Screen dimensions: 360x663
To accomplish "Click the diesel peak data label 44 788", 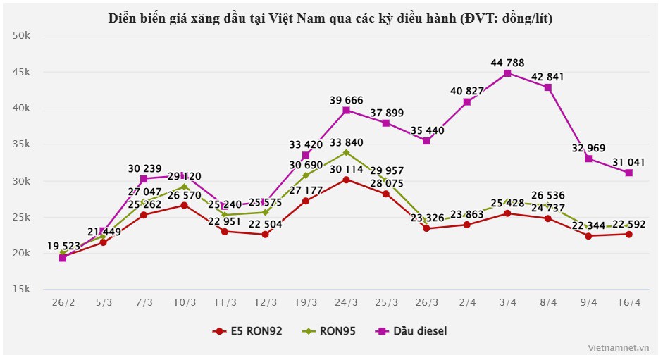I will coord(507,63).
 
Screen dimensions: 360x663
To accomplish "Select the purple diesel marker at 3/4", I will coord(507,73).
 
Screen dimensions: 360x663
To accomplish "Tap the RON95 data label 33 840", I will coord(346,143).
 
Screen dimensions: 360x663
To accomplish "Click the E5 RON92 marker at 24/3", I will coord(346,180).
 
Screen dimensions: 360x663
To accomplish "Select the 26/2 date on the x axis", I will coord(63,302).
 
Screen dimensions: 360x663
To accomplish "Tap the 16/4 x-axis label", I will coord(628,302).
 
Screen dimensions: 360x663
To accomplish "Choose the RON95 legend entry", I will coord(330,330).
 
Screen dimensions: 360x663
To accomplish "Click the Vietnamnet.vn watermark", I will coord(618,347).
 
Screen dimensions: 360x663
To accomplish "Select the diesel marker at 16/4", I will coord(628,173).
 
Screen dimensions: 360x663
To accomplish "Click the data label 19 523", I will coord(65,247).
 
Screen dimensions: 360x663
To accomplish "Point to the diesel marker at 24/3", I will coord(346,110).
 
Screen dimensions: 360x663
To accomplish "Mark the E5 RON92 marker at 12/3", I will coord(265,235).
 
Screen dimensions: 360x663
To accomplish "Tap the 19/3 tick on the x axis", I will coord(305,302).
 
